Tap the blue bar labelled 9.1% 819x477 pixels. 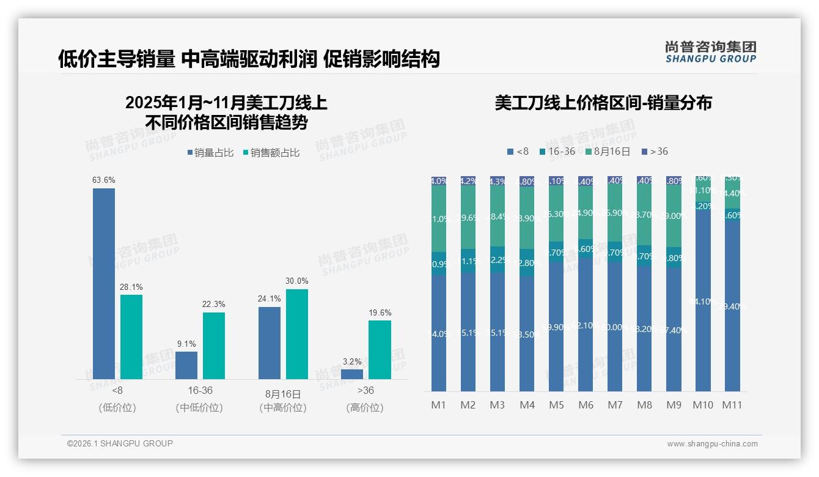click(x=186, y=365)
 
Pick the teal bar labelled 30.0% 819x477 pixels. click(x=297, y=334)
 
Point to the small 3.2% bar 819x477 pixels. click(x=352, y=374)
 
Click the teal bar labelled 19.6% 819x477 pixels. click(x=380, y=349)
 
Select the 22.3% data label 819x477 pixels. click(x=214, y=305)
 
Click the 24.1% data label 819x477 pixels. click(x=270, y=299)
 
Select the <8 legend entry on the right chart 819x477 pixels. click(x=518, y=152)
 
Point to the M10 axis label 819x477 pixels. click(x=703, y=405)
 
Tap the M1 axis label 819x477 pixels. click(x=439, y=405)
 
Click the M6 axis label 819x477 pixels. click(x=586, y=405)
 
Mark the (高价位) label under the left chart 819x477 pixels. click(x=365, y=408)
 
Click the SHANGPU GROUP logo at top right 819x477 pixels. click(x=710, y=52)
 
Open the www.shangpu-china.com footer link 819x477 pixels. click(x=712, y=444)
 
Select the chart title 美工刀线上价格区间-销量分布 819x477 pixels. click(x=603, y=103)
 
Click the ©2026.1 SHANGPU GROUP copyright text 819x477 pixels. click(x=120, y=443)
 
